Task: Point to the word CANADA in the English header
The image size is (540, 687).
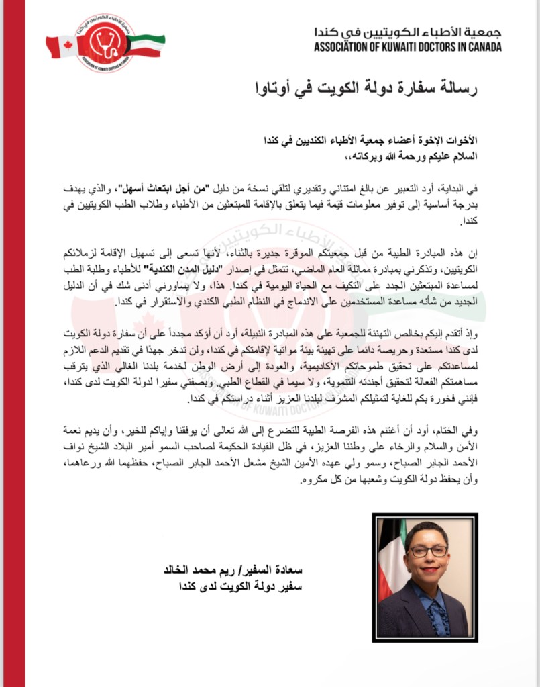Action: tap(482, 47)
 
